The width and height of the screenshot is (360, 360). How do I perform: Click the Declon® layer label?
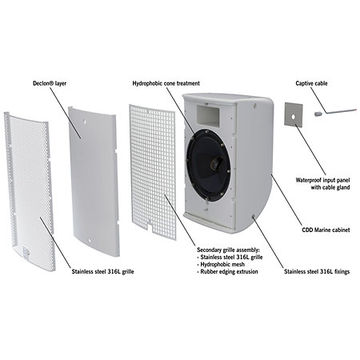pyautogui.click(x=50, y=83)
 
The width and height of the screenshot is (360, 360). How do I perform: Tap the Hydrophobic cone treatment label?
pyautogui.click(x=166, y=83)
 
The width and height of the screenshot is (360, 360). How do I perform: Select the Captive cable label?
pyautogui.click(x=311, y=83)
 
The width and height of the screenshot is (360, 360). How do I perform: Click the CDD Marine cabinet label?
pyautogui.click(x=326, y=230)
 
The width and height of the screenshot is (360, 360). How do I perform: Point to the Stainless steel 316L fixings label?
pyautogui.click(x=317, y=272)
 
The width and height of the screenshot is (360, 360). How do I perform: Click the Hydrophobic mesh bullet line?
pyautogui.click(x=221, y=265)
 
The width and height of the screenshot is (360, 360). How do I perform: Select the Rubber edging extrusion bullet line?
pyautogui.click(x=227, y=272)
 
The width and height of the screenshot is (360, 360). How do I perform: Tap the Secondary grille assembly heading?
pyautogui.click(x=228, y=250)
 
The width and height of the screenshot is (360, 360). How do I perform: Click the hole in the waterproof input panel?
pyautogui.click(x=293, y=117)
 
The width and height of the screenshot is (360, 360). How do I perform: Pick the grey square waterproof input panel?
pyautogui.click(x=294, y=114)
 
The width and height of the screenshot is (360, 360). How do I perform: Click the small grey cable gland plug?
pyautogui.click(x=318, y=114)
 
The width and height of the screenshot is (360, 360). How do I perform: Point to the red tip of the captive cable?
pyautogui.click(x=355, y=110)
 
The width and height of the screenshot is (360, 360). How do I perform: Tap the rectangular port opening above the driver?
pyautogui.click(x=208, y=114)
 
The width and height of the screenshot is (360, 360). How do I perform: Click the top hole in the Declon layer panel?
pyautogui.click(x=85, y=121)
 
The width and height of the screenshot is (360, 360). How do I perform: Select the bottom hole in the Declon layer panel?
pyautogui.click(x=90, y=240)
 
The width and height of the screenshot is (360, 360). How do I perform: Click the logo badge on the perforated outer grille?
pyautogui.click(x=26, y=252)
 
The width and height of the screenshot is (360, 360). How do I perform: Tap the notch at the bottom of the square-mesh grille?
pyautogui.click(x=150, y=225)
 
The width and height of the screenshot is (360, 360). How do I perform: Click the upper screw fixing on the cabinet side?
pyautogui.click(x=254, y=106)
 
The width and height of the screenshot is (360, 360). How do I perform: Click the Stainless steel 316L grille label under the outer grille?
pyautogui.click(x=102, y=272)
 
